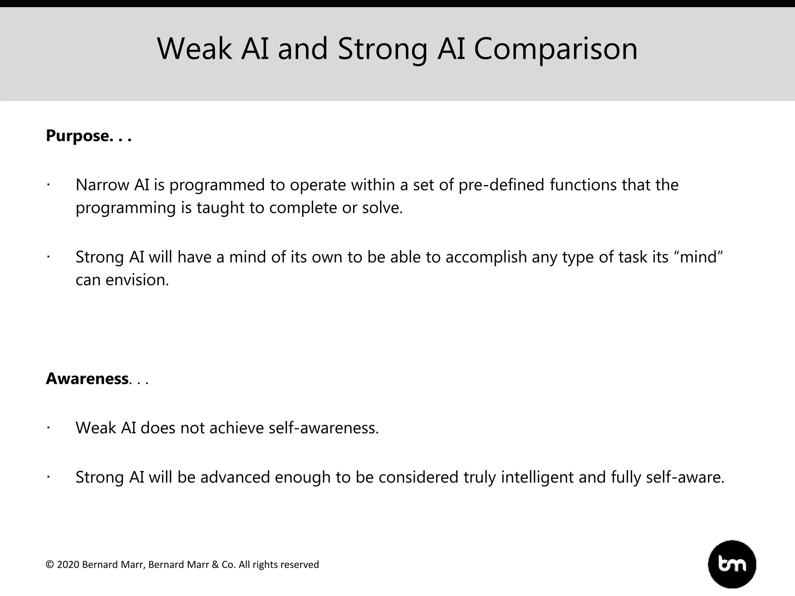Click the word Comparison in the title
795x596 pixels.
(555, 49)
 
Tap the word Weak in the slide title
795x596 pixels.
(194, 49)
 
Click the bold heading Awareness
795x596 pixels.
(87, 379)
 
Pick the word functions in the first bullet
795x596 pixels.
(583, 185)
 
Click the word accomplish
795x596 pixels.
(486, 258)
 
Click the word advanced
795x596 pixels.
(235, 477)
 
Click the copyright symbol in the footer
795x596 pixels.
(50, 565)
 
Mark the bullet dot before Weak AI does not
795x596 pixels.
(48, 428)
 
